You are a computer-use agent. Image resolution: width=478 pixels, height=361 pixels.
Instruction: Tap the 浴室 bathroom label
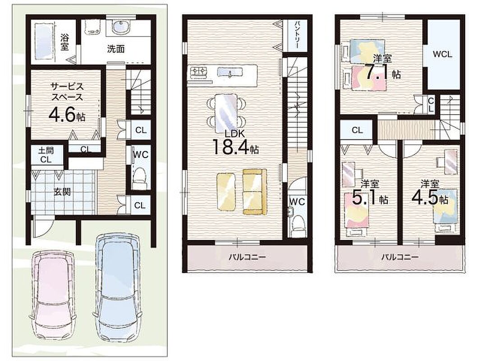pyautogui.click(x=64, y=42)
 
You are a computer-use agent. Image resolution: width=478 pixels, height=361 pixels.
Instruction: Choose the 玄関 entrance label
pyautogui.click(x=62, y=192)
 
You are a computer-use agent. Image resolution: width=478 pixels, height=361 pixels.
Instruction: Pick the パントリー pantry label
pyautogui.click(x=297, y=34)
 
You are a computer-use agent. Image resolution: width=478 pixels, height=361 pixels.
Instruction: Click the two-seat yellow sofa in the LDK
pyautogui.click(x=254, y=192)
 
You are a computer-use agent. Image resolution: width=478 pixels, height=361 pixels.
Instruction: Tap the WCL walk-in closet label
pyautogui.click(x=443, y=55)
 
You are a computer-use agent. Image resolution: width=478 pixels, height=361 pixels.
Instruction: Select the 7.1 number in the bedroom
pyautogui.click(x=378, y=72)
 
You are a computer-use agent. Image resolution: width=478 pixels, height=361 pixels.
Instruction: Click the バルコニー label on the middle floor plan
pyautogui.click(x=247, y=257)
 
